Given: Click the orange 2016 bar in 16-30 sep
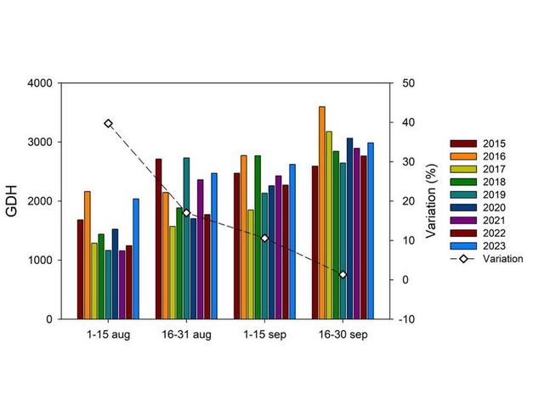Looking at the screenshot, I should coord(321,212).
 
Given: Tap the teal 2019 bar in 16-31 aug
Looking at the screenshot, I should coord(186,238).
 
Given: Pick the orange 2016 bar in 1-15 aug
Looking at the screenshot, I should coord(87,255).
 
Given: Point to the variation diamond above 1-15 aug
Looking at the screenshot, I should coord(108,123).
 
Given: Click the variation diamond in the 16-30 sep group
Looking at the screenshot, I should coord(343,275).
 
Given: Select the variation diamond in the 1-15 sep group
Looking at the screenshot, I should coord(264,239).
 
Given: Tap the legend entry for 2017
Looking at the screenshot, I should coord(479,169).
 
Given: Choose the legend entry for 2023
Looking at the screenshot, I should coord(479,245).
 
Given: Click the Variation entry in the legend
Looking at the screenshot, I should coord(480,259).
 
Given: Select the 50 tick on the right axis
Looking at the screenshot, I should coord(398,83).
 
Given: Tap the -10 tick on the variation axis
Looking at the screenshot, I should coord(398,319).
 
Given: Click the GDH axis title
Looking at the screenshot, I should coord(13,201).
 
